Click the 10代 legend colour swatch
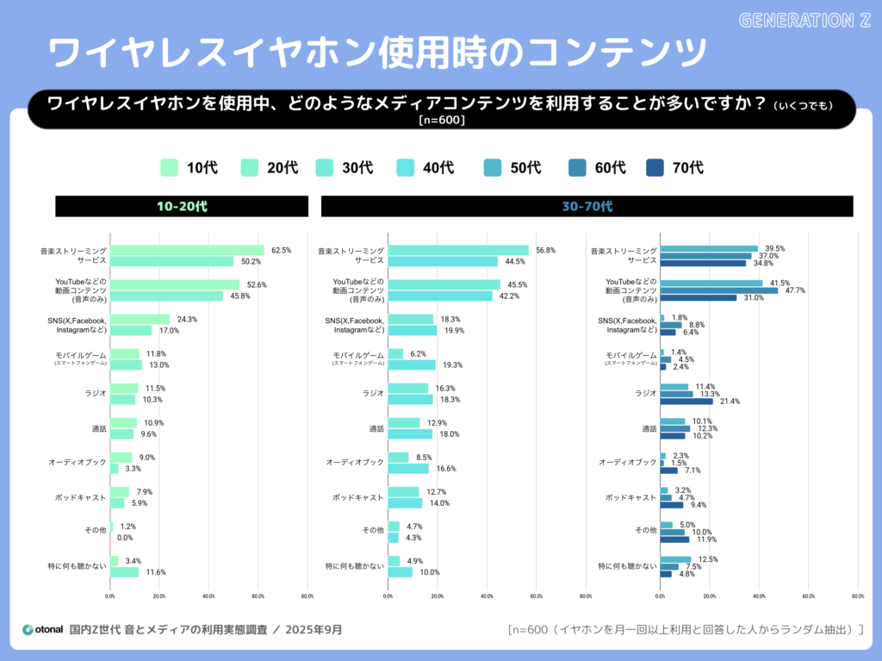pyautogui.click(x=170, y=167)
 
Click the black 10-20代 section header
pyautogui.click(x=182, y=207)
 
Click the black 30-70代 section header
pyautogui.click(x=587, y=207)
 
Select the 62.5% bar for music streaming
pyautogui.click(x=187, y=251)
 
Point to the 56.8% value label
pyautogui.click(x=545, y=251)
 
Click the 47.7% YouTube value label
pyautogui.click(x=795, y=290)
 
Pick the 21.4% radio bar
pyautogui.click(x=686, y=401)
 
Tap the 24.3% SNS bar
pyautogui.click(x=140, y=320)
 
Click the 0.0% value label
pyautogui.click(x=125, y=538)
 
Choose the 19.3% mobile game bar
pyautogui.click(x=412, y=365)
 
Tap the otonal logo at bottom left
pyautogui.click(x=42, y=629)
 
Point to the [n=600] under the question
pyautogui.click(x=441, y=121)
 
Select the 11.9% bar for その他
pyautogui.click(x=674, y=539)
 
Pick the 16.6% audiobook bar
pyautogui.click(x=408, y=469)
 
